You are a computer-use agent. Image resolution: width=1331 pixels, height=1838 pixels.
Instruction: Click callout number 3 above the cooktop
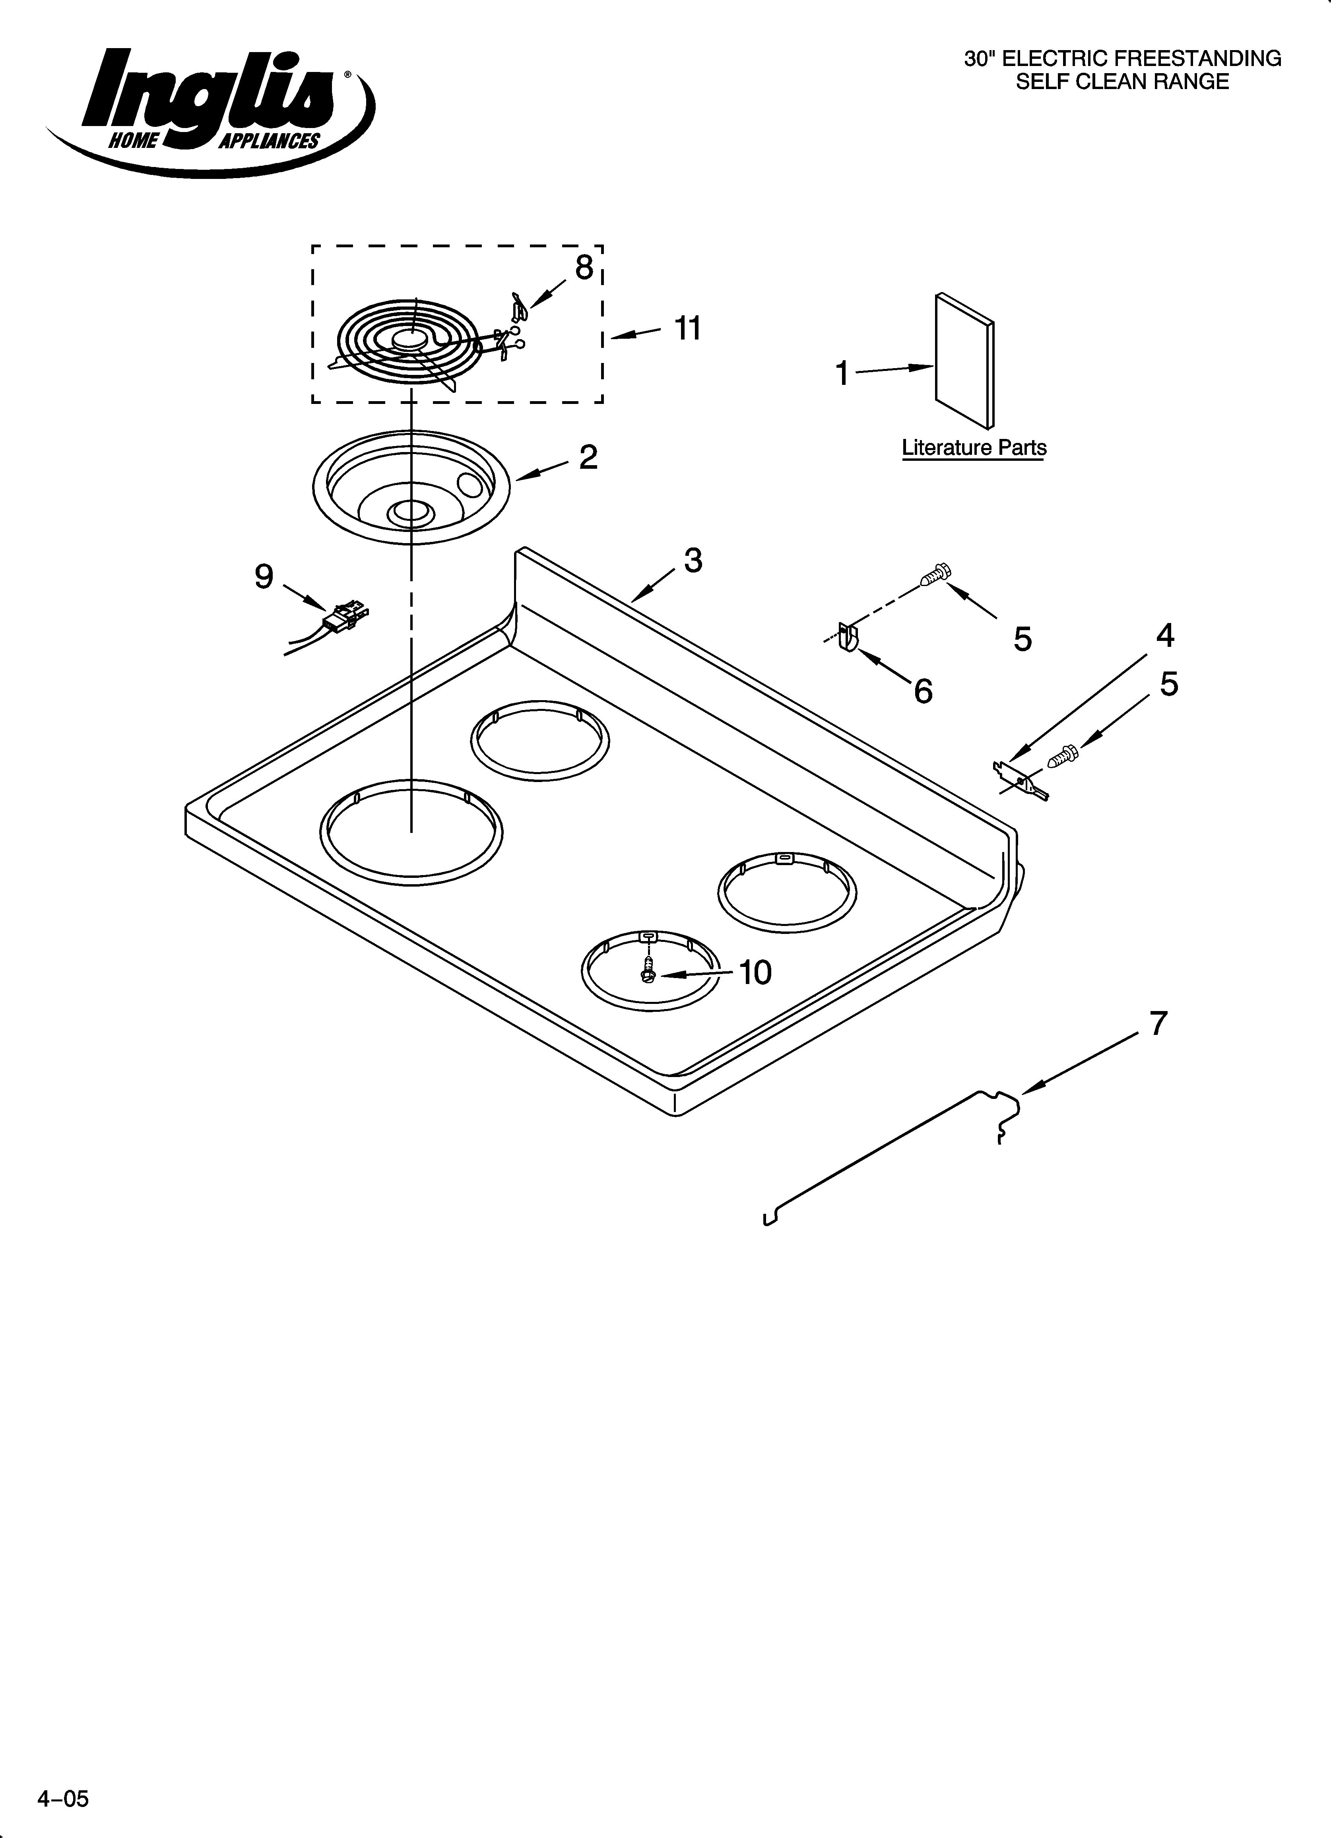point(692,560)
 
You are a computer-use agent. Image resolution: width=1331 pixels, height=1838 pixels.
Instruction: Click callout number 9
point(264,576)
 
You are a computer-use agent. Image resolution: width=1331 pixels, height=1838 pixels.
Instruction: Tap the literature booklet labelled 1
point(964,361)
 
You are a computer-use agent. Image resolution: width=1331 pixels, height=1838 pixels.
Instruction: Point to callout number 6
point(922,691)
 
